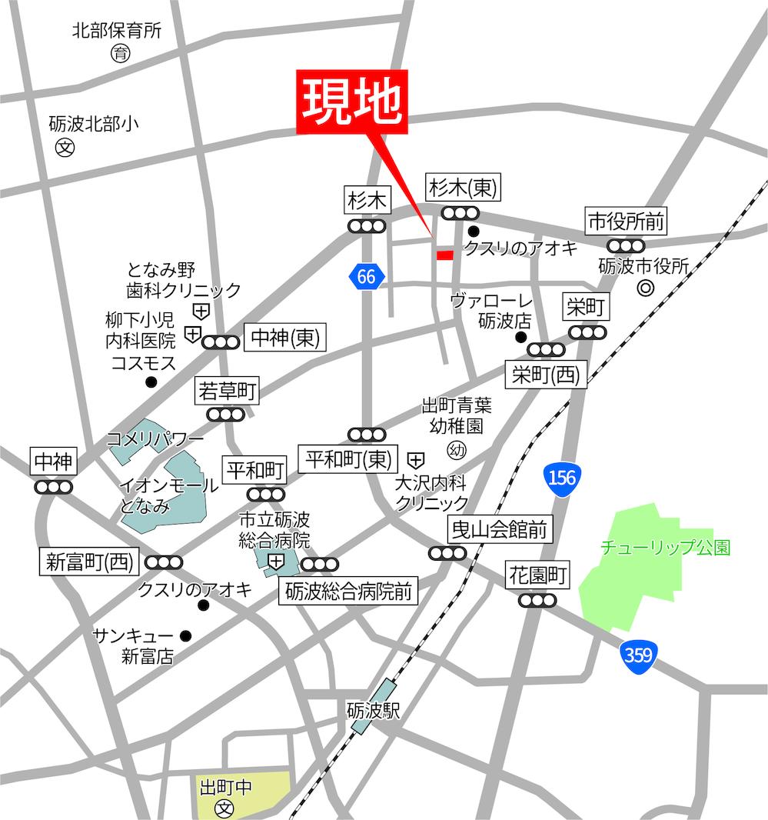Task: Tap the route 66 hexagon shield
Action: [x=366, y=276]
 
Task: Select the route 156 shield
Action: [x=561, y=478]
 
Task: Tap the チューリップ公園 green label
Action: [x=665, y=548]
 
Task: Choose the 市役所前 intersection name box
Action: [x=625, y=222]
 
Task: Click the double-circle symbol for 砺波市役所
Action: [x=646, y=288]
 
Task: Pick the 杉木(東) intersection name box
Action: [x=464, y=186]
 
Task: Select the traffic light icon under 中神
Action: [x=54, y=487]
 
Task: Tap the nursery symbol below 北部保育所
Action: [x=120, y=54]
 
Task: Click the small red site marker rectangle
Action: [x=444, y=255]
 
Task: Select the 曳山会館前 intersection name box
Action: [x=500, y=529]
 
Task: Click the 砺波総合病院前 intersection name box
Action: [x=348, y=592]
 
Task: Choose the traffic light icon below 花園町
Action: [x=537, y=600]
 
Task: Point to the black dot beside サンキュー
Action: [x=185, y=635]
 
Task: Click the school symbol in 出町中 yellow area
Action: [x=224, y=808]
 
